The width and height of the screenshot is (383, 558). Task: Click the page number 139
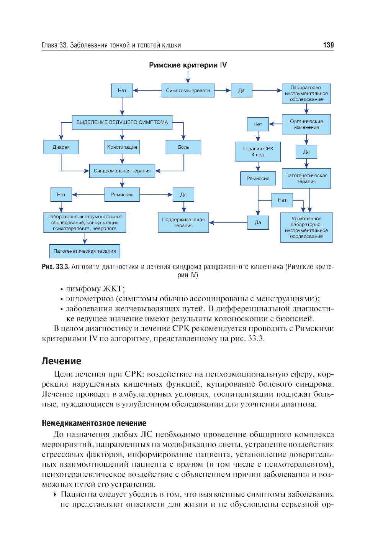point(328,45)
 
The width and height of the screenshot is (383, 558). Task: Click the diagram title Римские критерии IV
point(188,65)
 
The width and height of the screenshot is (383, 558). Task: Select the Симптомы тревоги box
point(188,91)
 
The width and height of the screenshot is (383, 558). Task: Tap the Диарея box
point(61,147)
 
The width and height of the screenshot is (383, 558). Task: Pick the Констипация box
point(122,147)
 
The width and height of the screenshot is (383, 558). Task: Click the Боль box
point(183,147)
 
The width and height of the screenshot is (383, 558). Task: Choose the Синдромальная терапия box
point(122,171)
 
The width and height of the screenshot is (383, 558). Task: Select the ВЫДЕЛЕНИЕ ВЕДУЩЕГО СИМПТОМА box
point(122,122)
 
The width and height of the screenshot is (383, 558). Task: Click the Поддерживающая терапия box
point(183,223)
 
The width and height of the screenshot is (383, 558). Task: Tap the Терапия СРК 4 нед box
point(258,152)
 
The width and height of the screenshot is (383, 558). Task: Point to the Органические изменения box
point(306,124)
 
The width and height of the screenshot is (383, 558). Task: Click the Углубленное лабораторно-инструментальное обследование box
point(306,227)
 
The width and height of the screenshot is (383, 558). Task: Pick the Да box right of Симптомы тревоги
point(241,91)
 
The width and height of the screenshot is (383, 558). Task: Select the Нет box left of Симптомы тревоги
point(122,91)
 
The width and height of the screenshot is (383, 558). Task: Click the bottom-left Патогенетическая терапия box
point(85,251)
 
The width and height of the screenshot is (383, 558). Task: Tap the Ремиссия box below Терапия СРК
point(258,178)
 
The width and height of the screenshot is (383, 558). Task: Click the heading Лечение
point(61,361)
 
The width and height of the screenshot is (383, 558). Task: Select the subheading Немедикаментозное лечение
point(94,423)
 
